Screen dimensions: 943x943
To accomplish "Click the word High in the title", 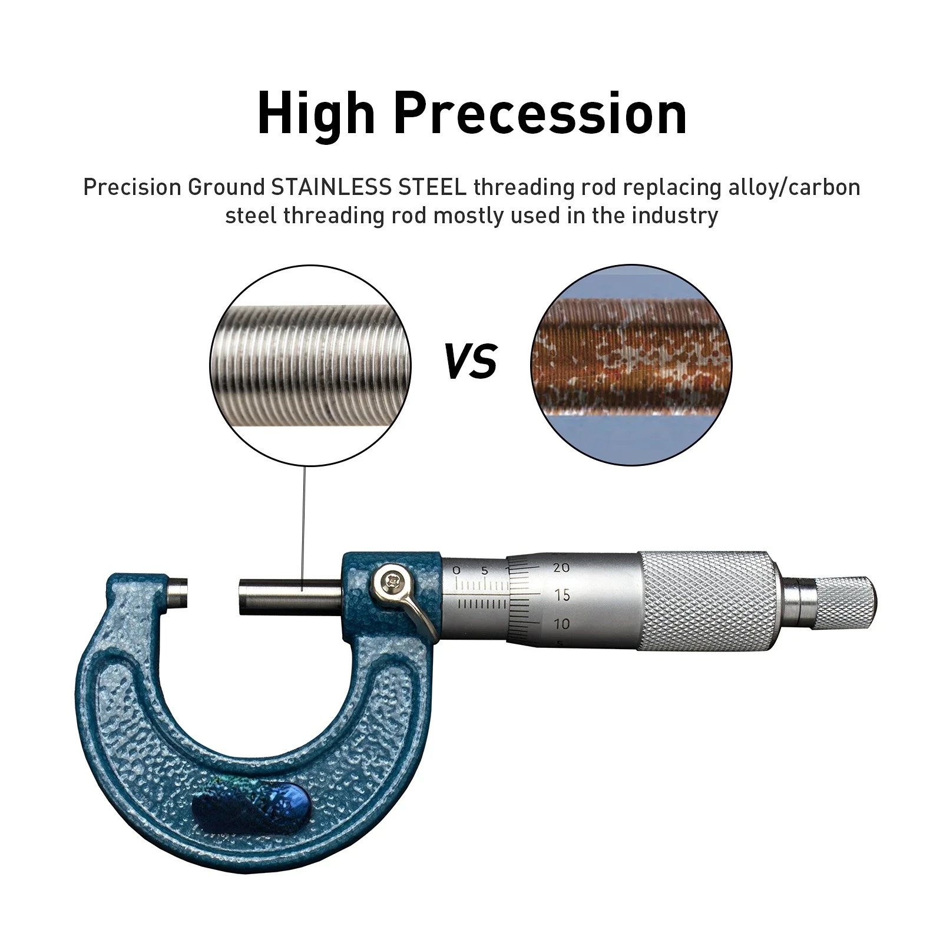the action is [316, 114].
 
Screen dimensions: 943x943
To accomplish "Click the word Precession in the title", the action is [540, 114].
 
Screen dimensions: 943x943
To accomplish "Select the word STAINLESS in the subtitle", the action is [331, 187].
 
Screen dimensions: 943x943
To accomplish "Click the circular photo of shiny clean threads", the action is [310, 365].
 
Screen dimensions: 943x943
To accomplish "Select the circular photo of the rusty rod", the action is [631, 365].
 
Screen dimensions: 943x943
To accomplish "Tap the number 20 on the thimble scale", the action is [561, 568].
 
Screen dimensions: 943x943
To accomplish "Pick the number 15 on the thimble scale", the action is [563, 595].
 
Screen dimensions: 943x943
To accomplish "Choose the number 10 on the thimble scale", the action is [563, 623].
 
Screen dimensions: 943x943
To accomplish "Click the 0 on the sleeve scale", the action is [456, 570].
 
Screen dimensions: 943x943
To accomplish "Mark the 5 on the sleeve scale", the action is [485, 570].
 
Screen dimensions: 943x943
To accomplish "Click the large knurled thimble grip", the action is [707, 601].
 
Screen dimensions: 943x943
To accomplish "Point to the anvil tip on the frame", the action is [177, 594].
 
